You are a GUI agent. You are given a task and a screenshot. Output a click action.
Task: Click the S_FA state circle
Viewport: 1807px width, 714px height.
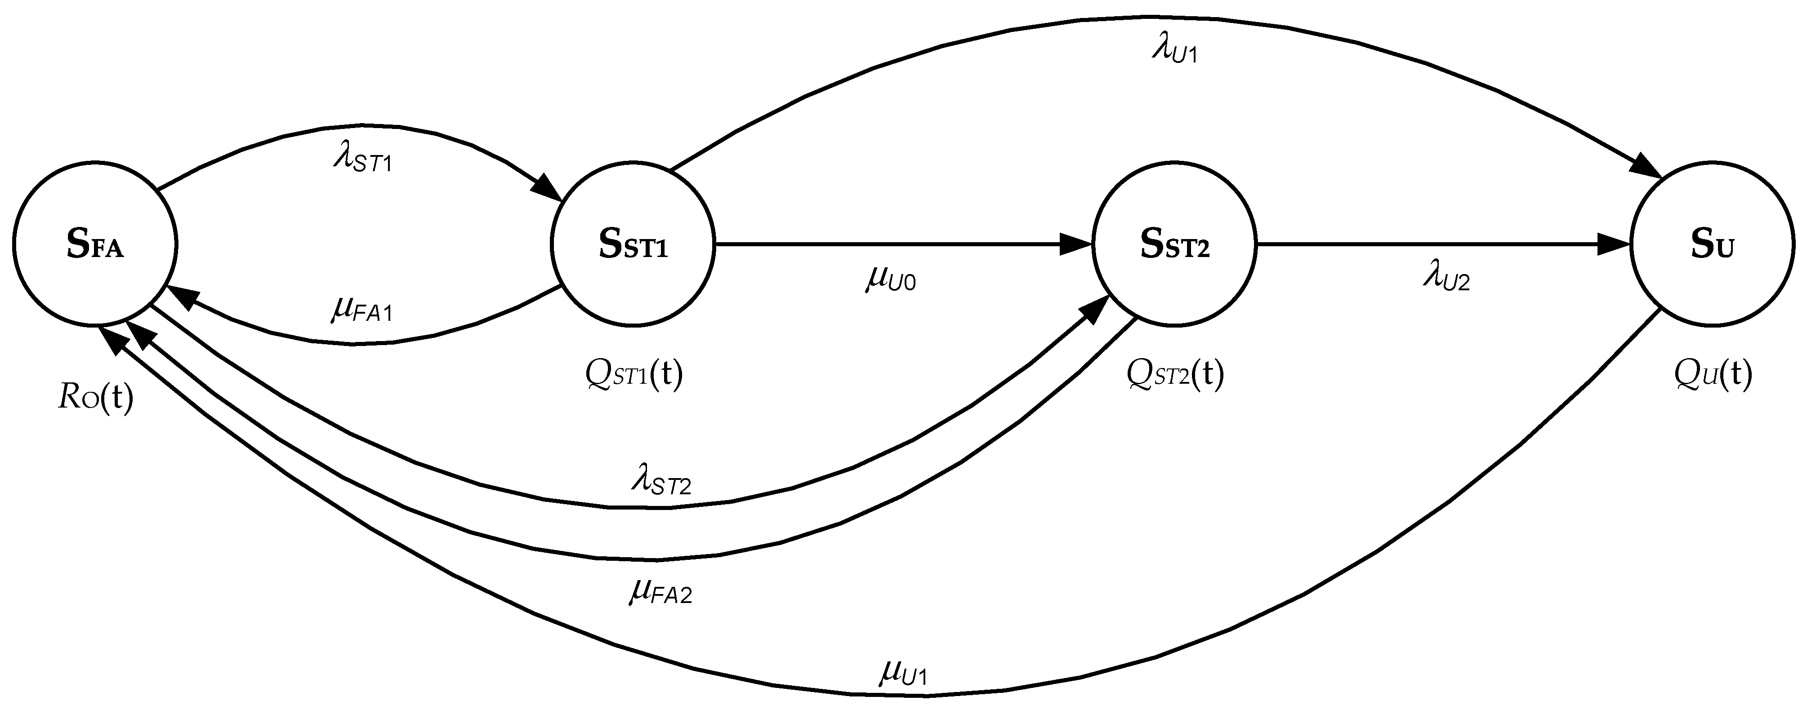(x=95, y=244)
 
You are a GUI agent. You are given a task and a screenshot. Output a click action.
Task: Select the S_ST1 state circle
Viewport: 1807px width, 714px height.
(x=633, y=244)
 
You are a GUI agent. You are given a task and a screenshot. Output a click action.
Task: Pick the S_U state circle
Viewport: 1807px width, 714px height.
(x=1712, y=244)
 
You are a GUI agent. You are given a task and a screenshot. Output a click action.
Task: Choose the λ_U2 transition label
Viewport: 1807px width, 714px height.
(x=1446, y=279)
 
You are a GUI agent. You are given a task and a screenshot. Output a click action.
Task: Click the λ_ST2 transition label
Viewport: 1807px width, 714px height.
(x=661, y=483)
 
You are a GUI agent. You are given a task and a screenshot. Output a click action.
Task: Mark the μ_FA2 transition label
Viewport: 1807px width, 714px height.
(x=661, y=593)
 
